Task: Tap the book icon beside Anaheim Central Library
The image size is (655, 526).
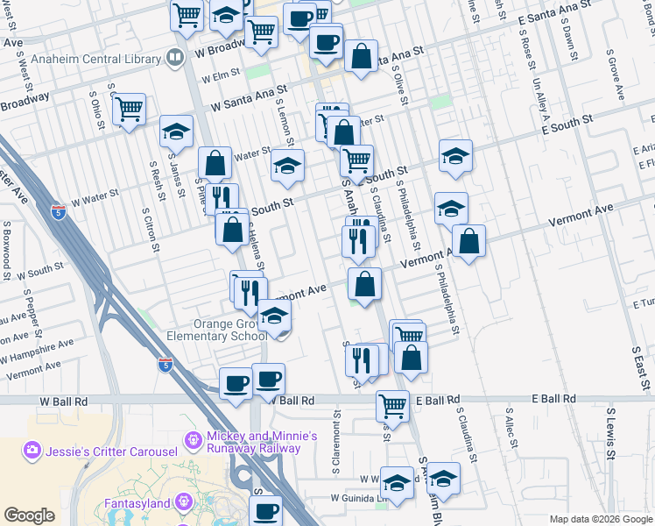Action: coord(174,59)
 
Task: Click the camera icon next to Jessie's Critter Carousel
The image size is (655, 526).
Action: coord(32,450)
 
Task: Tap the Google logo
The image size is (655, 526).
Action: coord(29,515)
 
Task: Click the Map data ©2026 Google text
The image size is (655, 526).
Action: coord(601,519)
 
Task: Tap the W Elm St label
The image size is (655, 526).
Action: coord(220,76)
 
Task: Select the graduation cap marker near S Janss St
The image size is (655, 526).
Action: coord(176,131)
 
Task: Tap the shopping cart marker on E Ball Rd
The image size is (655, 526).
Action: coord(392,405)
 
